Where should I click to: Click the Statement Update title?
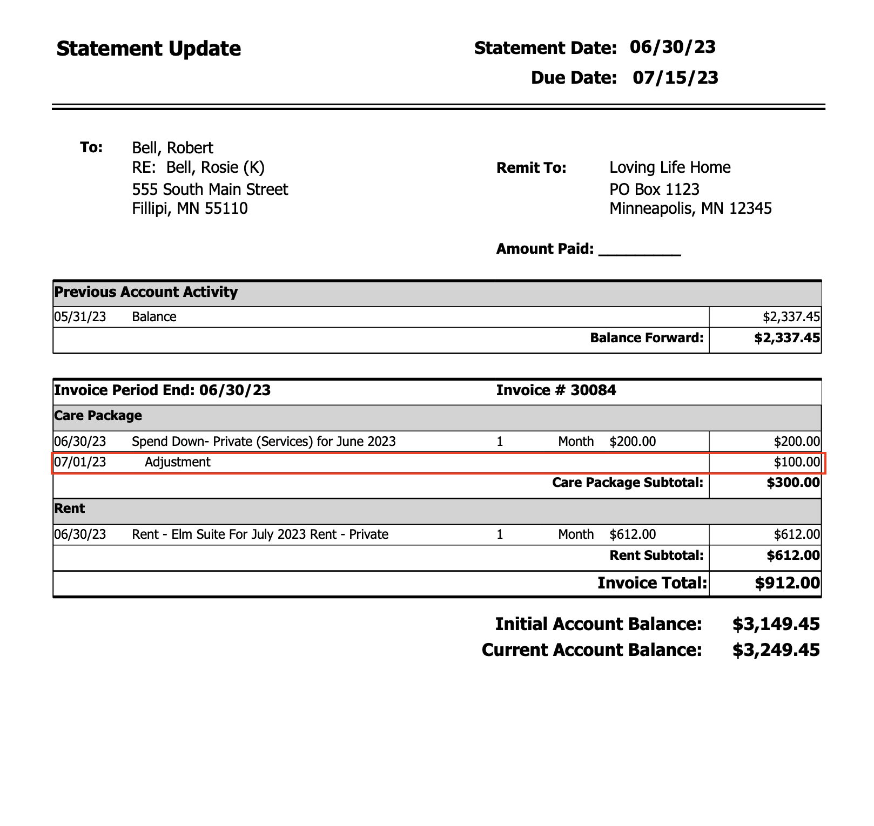coord(149,49)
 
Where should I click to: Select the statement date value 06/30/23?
coord(673,47)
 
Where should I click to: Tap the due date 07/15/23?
coord(675,78)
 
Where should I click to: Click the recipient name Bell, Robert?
coord(172,147)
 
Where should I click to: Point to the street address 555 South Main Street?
coord(210,189)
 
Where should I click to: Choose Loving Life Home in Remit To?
coord(670,167)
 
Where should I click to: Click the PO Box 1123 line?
coord(654,189)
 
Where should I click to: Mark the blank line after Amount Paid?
coord(640,252)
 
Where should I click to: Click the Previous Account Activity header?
coord(146,292)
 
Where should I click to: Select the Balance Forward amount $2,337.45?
coord(787,338)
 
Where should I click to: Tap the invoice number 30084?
coord(593,390)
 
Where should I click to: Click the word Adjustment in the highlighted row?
coord(178,462)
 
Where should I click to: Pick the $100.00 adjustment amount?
coord(797,462)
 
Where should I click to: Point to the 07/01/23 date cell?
coord(80,462)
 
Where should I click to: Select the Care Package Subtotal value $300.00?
coord(793,482)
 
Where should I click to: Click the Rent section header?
coord(70,509)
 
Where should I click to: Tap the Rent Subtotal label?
coord(656,555)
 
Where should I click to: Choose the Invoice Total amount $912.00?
coord(787,583)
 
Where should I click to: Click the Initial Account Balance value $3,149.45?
coord(776,624)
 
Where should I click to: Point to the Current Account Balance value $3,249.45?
coord(776,650)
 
